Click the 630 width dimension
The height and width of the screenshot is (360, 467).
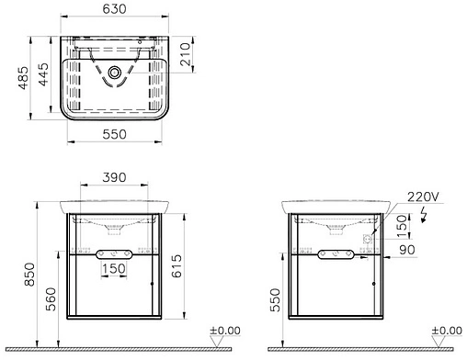tap(114, 9)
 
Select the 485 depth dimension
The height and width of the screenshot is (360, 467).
tap(24, 78)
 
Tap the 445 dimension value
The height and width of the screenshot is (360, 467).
tap(43, 74)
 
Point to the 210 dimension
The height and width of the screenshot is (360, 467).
tap(186, 54)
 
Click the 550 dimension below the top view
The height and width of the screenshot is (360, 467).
tap(114, 134)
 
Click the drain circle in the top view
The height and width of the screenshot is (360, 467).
tap(115, 73)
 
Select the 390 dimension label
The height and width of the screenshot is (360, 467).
tap(114, 177)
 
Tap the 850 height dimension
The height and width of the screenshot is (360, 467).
tap(30, 275)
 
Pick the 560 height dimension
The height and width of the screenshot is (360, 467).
tap(51, 299)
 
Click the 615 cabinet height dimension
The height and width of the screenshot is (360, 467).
tap(177, 266)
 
